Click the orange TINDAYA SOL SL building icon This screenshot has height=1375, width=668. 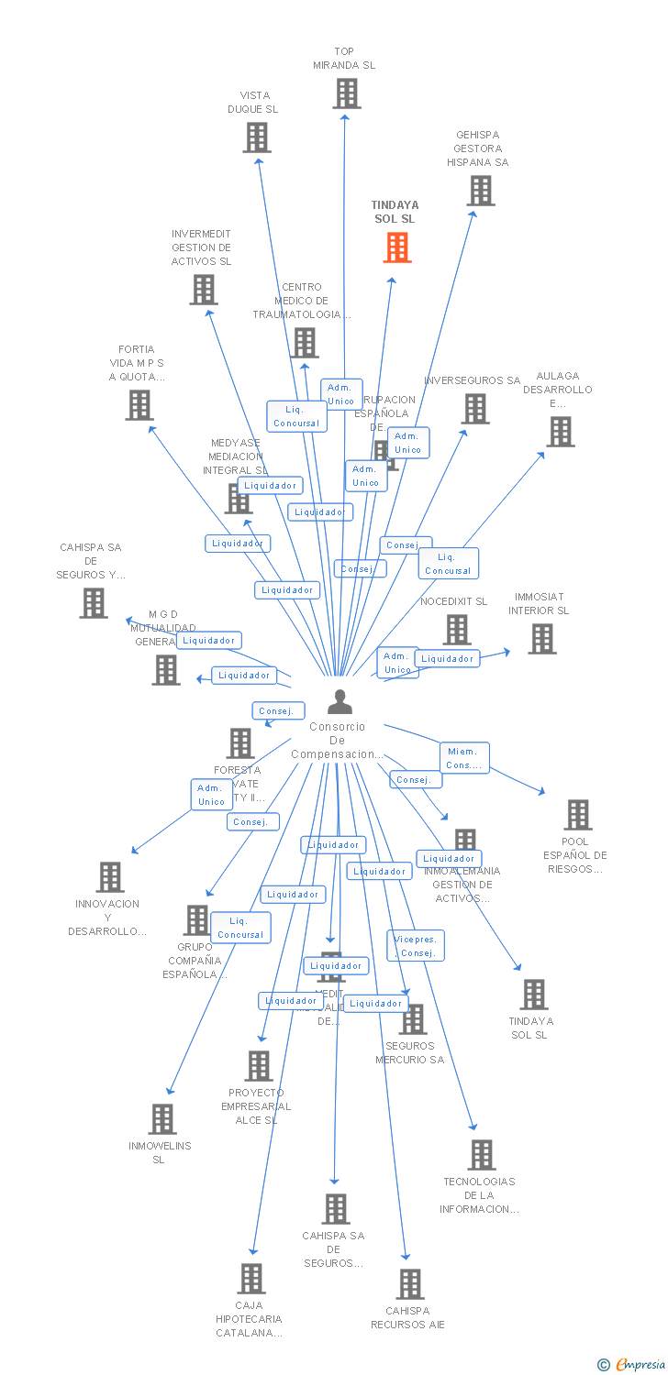coord(397,247)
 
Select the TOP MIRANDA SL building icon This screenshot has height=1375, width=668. coord(346,93)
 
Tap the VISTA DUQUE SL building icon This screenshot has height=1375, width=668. coord(257,137)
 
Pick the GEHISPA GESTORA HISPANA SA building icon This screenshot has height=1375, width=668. coord(480,191)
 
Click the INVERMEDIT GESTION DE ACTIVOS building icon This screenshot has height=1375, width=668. coord(203,290)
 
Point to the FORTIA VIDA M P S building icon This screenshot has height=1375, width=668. coord(139,405)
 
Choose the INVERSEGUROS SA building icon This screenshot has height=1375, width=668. coord(474,409)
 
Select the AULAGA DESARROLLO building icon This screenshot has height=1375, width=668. coord(560,432)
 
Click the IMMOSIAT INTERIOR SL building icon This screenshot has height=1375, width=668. coord(541,639)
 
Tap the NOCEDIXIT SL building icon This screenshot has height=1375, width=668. coord(456,630)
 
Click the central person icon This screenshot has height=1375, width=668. coord(340,702)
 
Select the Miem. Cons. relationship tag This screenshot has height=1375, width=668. coord(463,758)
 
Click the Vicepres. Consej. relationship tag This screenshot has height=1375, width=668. coord(416,946)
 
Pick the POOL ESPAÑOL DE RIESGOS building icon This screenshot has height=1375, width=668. coord(577,814)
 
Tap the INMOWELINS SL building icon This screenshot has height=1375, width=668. coord(162,1118)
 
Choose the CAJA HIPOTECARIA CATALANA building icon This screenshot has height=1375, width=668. coord(251,1278)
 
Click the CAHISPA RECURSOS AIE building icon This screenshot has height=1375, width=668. coord(410,1283)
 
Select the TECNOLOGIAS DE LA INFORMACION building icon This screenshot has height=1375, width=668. coord(481,1155)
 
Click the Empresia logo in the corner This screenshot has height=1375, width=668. coord(633,1364)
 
